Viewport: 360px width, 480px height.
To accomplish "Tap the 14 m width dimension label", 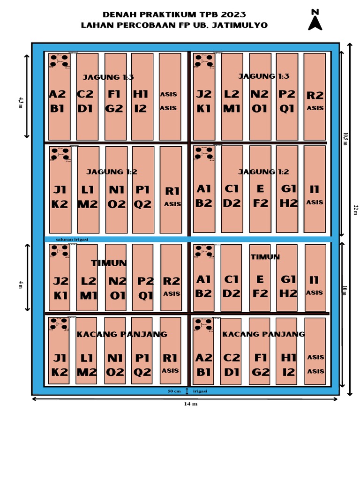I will coord(191,404).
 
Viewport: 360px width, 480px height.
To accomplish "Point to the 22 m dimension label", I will coord(355,210).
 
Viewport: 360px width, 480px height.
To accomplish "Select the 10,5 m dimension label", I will coord(345,139).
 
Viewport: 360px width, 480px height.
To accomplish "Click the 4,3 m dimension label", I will coord(21,103).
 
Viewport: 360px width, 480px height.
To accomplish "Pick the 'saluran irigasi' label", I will coord(72,240).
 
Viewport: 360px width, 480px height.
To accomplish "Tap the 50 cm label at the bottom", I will coord(174,391).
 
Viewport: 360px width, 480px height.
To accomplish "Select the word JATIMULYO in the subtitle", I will coord(240,25).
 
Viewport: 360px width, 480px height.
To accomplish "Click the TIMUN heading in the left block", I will coord(109,263).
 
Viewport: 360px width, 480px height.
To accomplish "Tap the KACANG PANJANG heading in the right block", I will coord(263,334).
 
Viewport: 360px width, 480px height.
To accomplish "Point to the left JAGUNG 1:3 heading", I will coord(108,77).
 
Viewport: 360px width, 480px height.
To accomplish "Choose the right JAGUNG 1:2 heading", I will coord(263,172).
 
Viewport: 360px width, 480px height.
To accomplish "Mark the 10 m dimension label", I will coord(345,291).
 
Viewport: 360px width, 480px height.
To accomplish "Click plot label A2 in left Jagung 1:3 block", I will coord(57,94).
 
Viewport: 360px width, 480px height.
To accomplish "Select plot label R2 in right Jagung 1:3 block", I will coord(315,96).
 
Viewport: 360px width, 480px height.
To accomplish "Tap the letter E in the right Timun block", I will coord(260,280).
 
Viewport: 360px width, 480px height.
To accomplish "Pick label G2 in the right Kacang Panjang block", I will coord(261,373).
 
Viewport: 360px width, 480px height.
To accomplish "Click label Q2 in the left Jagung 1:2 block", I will coord(142,204).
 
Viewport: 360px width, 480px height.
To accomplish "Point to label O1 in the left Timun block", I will coord(117,296).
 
